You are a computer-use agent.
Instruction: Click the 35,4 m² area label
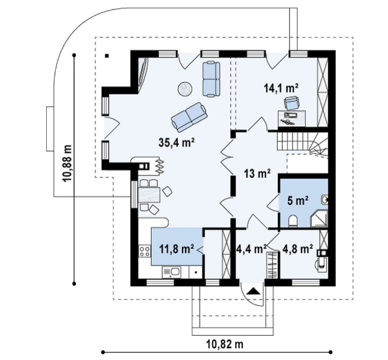(x=176, y=142)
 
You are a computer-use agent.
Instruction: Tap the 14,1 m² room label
(x=281, y=88)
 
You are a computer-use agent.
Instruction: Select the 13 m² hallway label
(x=257, y=173)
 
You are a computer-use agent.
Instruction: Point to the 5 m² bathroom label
(x=298, y=200)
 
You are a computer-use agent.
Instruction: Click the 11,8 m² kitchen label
(x=177, y=249)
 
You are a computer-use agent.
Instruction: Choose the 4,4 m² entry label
(x=251, y=249)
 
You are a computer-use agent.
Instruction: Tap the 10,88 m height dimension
(x=67, y=163)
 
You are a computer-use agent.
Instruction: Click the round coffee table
(x=185, y=88)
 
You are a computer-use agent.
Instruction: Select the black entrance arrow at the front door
(x=253, y=291)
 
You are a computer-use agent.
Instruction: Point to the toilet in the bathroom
(x=293, y=221)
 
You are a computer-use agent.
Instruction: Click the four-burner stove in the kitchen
(x=145, y=251)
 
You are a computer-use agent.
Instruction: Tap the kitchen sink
(x=171, y=272)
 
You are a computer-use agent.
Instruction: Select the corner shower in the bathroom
(x=319, y=219)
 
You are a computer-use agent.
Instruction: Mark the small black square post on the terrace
(x=107, y=56)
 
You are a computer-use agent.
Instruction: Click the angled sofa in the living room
(x=189, y=117)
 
